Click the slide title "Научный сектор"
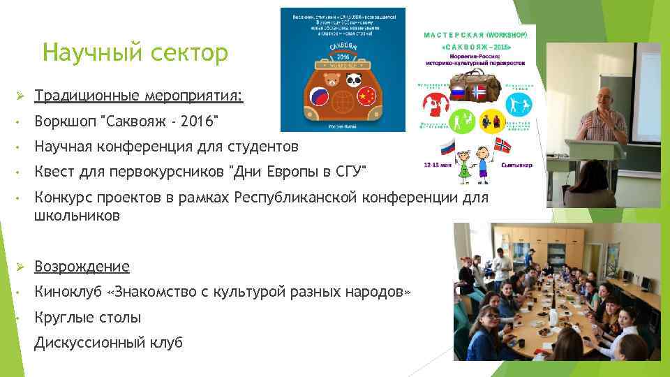click(x=135, y=52)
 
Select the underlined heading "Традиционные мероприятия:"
click(x=139, y=95)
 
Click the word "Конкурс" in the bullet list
click(x=62, y=200)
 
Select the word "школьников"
click(x=77, y=216)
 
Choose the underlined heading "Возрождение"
click(x=82, y=267)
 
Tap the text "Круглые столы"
click(x=87, y=318)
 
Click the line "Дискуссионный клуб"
click(x=108, y=343)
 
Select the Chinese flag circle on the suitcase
click(x=366, y=96)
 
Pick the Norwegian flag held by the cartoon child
click(x=502, y=145)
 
